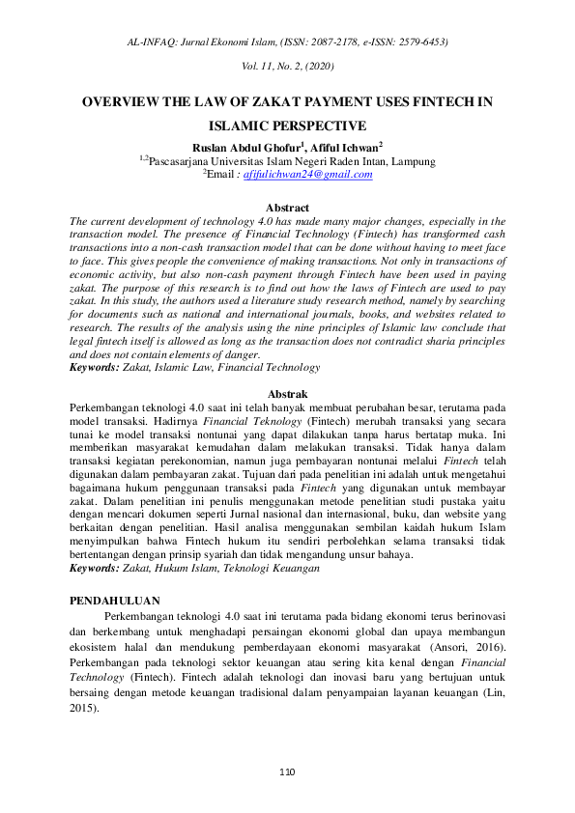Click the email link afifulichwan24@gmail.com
307,175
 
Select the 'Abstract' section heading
287,208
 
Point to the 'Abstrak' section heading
287,394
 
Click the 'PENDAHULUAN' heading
114,600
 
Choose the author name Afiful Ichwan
350,147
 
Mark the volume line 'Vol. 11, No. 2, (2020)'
287,66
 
